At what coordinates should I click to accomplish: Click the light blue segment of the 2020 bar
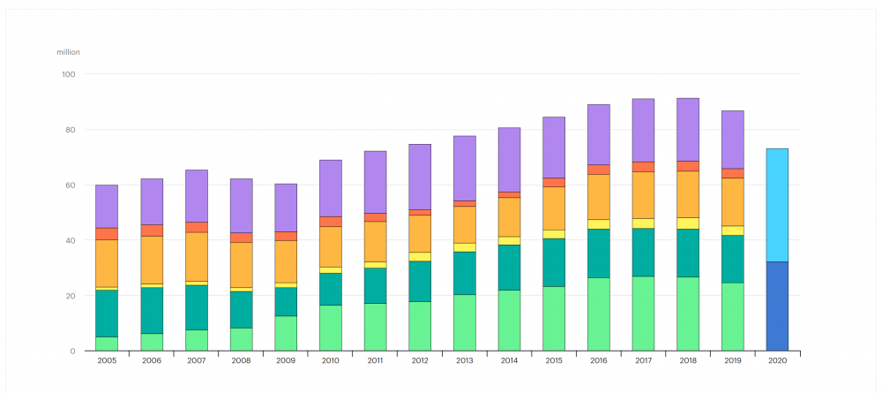[x=777, y=205]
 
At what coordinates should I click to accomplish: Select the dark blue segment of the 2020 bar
[x=777, y=306]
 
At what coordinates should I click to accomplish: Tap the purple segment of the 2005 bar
[x=107, y=207]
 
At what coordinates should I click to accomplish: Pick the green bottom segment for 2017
[x=643, y=314]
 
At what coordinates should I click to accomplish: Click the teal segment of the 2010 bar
[x=330, y=289]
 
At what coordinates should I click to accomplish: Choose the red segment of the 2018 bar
[x=688, y=166]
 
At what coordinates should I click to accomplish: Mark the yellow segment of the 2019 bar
[x=732, y=231]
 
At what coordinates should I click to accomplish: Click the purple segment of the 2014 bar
[x=509, y=160]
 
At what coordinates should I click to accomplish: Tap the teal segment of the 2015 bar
[x=553, y=262]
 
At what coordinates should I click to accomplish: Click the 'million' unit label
[x=68, y=52]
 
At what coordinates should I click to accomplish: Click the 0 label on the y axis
[x=74, y=351]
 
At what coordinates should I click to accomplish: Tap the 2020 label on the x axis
[x=777, y=361]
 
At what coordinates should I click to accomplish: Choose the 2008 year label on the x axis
[x=241, y=361]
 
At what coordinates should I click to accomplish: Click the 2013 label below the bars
[x=464, y=361]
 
